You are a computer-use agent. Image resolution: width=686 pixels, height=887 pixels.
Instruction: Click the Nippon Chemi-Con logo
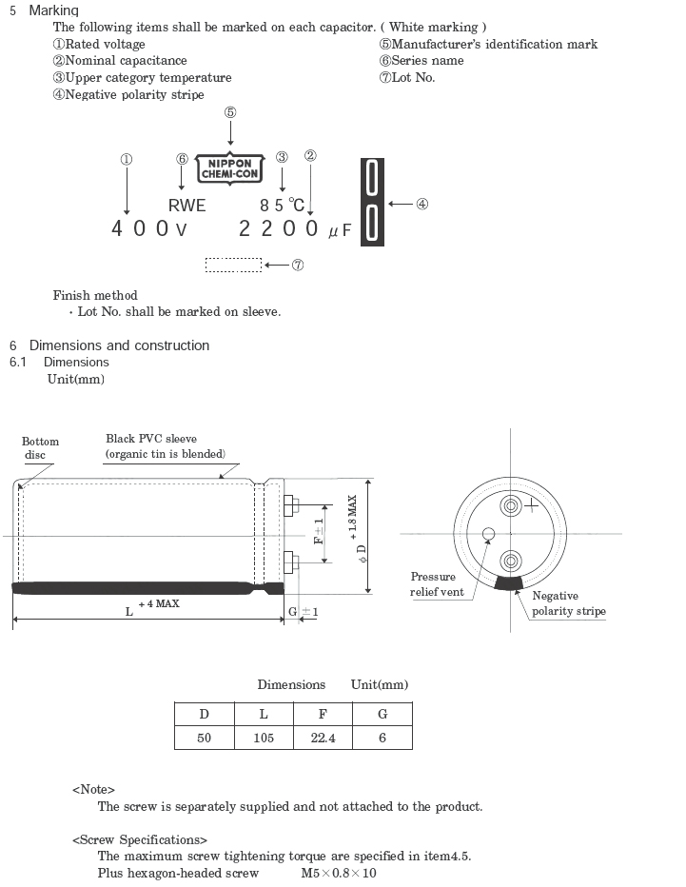(229, 168)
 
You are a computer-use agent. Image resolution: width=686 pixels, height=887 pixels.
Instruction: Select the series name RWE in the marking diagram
(187, 206)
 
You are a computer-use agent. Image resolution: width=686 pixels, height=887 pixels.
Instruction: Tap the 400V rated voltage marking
(148, 228)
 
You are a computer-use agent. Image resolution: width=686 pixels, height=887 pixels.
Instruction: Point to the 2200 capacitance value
(278, 228)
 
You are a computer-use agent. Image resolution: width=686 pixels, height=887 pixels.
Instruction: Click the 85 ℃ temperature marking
(283, 205)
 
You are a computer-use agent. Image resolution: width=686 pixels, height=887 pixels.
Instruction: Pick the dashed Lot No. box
(233, 265)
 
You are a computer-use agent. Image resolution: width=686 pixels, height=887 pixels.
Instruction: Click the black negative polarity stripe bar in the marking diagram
(372, 202)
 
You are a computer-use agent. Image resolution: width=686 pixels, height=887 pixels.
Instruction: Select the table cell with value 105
(264, 738)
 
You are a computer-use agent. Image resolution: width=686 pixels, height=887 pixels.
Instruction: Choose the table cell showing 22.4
(323, 738)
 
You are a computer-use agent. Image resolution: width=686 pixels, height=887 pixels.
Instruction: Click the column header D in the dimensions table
(205, 714)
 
